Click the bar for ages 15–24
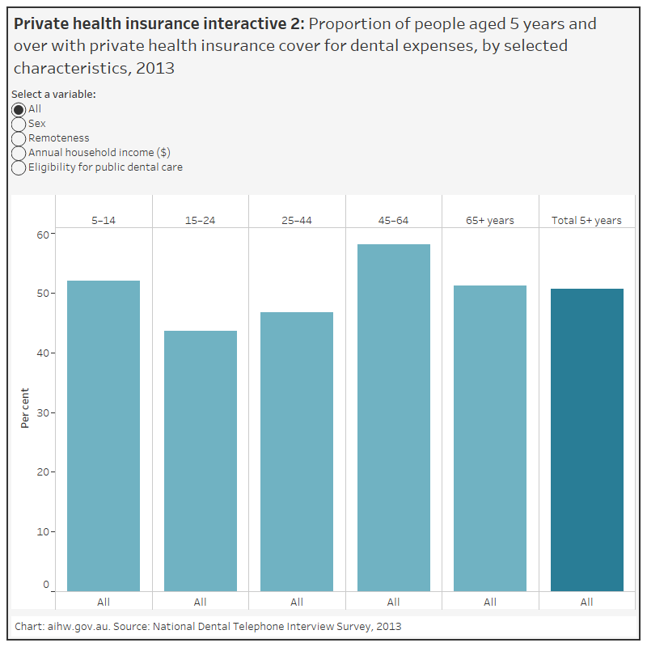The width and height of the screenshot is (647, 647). click(x=200, y=460)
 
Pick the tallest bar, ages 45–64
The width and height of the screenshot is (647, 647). click(x=393, y=417)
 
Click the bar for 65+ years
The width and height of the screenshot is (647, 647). click(x=490, y=438)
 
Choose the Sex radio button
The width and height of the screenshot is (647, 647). click(x=19, y=124)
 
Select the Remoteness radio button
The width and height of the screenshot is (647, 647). click(x=19, y=138)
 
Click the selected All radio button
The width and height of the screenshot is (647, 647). click(x=19, y=109)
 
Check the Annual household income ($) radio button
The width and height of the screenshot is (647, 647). click(x=19, y=153)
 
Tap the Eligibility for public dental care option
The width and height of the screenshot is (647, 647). click(x=19, y=167)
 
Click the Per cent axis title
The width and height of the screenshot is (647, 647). click(x=25, y=408)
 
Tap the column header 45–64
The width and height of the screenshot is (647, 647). click(x=393, y=220)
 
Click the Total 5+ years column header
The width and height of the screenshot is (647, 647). click(x=586, y=220)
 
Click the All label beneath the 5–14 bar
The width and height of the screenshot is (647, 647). click(x=104, y=602)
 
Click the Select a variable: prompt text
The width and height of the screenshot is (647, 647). click(x=53, y=95)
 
